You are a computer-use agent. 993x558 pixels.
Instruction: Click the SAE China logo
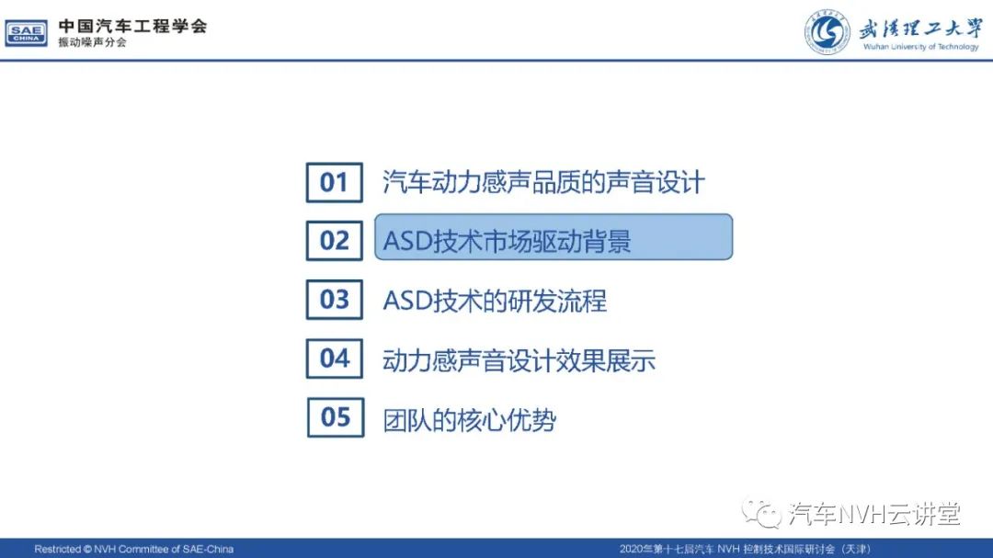pos(26,33)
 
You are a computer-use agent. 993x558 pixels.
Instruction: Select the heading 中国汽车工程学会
pos(133,26)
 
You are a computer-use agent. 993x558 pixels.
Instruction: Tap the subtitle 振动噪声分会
pos(93,42)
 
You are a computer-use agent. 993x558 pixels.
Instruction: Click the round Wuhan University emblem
pos(827,32)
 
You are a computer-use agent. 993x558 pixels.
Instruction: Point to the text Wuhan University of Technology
pos(920,47)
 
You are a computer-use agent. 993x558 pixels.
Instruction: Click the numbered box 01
pos(335,182)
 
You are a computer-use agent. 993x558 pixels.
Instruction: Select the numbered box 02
pos(335,241)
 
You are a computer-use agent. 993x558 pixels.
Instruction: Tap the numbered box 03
pos(335,300)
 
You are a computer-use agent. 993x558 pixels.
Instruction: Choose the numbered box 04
pos(335,359)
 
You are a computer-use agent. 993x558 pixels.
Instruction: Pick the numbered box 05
pos(336,417)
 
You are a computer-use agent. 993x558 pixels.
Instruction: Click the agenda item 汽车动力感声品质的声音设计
pos(543,182)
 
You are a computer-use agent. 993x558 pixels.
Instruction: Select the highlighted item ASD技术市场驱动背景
pos(554,237)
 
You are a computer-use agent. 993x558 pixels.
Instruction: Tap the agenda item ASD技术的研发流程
pos(495,301)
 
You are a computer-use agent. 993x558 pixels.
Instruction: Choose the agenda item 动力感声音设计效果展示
pos(519,360)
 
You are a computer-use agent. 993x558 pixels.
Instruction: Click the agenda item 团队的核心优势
pos(469,420)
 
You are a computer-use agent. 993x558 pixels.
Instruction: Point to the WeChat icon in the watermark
pos(761,513)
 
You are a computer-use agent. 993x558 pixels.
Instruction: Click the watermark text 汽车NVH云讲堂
pos(874,514)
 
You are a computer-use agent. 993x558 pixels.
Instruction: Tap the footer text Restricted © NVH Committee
pos(133,549)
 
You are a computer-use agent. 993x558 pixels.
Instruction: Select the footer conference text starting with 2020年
pos(745,549)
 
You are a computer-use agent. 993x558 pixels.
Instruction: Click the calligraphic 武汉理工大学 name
pos(920,28)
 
